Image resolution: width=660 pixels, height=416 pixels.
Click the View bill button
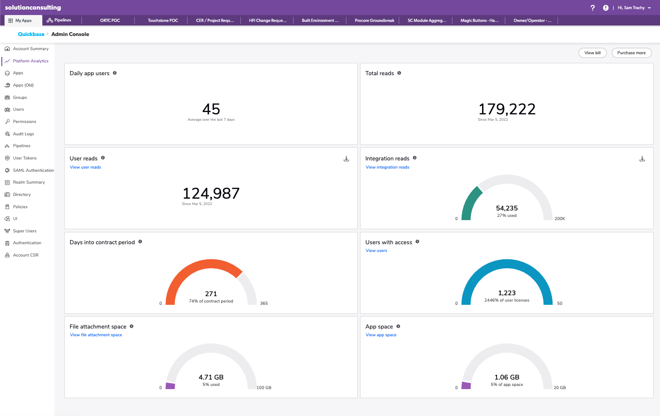[x=592, y=53]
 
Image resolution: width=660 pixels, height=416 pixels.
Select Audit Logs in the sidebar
[x=23, y=134]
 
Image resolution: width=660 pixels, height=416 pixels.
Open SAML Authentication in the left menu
[x=33, y=170]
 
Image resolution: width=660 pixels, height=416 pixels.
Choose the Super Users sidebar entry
[x=25, y=231]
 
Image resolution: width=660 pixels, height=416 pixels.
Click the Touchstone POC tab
[x=162, y=21]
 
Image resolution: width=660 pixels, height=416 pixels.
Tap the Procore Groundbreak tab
[x=374, y=21]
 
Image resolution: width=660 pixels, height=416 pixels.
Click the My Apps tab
[x=23, y=21]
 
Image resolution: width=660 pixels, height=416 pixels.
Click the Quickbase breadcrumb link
[x=31, y=34]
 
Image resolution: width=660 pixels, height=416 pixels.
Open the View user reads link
[x=86, y=167]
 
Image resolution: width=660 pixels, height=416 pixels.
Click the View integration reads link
[x=387, y=167]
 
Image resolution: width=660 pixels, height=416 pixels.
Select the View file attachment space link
[x=96, y=335]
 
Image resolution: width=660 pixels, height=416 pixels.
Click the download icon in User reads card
[x=346, y=159]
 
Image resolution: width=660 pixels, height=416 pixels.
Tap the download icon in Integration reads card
[x=642, y=159]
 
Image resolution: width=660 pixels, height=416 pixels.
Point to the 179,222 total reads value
[x=507, y=109]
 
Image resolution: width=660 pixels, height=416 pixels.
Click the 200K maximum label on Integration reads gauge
[x=559, y=219]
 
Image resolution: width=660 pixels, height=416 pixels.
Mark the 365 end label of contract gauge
[x=264, y=303]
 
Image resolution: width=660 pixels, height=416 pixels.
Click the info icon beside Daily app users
[x=115, y=73]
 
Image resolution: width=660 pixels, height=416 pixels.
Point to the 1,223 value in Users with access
[x=507, y=293]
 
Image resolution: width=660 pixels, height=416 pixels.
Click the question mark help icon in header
[x=593, y=8]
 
